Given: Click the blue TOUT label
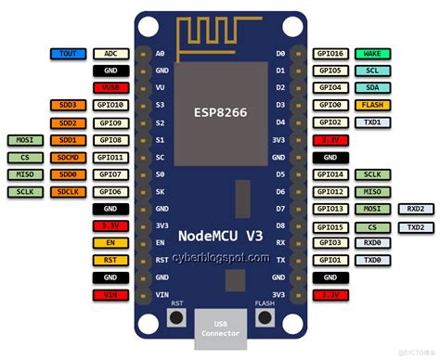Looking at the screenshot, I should pyautogui.click(x=67, y=54).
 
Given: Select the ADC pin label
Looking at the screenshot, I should pyautogui.click(x=110, y=54).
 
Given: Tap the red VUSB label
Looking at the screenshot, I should pyautogui.click(x=110, y=88).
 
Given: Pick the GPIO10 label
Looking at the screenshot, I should pyautogui.click(x=110, y=106).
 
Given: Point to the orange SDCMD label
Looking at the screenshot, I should pyautogui.click(x=67, y=158).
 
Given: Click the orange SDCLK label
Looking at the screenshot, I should pyautogui.click(x=67, y=192).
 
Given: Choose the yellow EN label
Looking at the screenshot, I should pyautogui.click(x=110, y=243).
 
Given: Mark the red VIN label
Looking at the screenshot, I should pyautogui.click(x=110, y=295).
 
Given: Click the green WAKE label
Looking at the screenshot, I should pyautogui.click(x=371, y=54).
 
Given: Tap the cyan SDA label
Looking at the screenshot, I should pyautogui.click(x=371, y=88).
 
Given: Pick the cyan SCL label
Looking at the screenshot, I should pyautogui.click(x=371, y=71).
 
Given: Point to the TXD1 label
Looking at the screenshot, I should pyautogui.click(x=371, y=122).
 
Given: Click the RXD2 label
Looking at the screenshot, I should pyautogui.click(x=414, y=209).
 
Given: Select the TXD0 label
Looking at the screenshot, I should pyautogui.click(x=371, y=261).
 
